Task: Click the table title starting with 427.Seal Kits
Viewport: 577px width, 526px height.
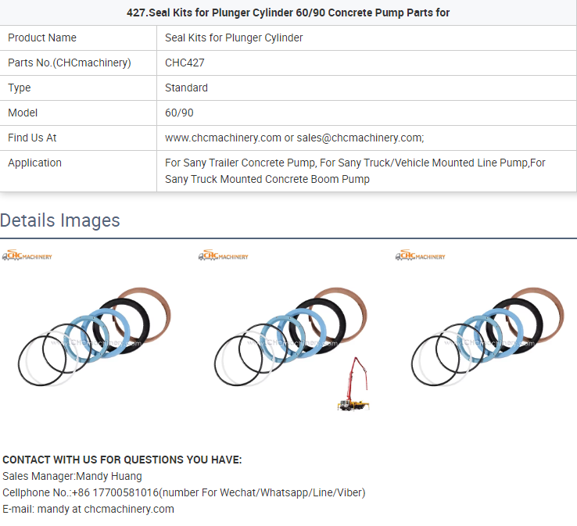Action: (288, 13)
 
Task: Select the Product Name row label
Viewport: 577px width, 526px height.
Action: (42, 38)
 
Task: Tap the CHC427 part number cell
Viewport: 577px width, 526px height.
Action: (185, 63)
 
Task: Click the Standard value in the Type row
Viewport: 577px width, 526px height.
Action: (186, 88)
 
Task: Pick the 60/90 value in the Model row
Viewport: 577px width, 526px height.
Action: (179, 113)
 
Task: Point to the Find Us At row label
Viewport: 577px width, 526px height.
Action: (32, 138)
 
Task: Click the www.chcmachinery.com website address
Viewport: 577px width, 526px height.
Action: (223, 138)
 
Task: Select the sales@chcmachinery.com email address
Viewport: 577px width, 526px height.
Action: (360, 138)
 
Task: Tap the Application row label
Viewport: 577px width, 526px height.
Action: (35, 163)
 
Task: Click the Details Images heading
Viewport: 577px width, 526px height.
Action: (60, 220)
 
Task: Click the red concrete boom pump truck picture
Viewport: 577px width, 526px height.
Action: (353, 384)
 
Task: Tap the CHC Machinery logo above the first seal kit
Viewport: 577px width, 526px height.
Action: (27, 256)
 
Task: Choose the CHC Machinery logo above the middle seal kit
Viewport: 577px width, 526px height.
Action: (223, 256)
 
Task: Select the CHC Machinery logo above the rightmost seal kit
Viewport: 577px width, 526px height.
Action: (420, 256)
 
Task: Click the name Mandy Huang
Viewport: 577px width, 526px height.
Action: (109, 476)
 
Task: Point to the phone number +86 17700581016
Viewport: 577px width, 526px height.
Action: (115, 493)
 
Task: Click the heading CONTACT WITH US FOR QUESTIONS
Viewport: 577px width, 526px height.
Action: (122, 460)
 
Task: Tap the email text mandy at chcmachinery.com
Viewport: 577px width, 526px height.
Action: (106, 510)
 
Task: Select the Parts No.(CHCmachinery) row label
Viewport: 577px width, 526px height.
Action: (70, 63)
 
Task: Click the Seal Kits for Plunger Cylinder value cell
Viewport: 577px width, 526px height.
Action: (234, 38)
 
